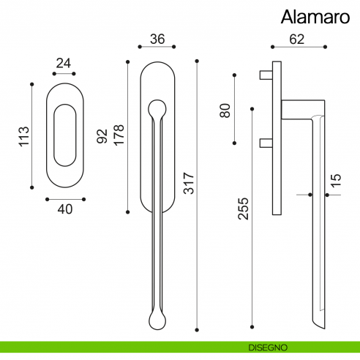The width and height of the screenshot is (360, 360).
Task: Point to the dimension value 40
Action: click(65, 209)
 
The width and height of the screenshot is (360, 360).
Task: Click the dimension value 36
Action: click(157, 39)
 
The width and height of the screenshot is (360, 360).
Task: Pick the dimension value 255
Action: click(243, 211)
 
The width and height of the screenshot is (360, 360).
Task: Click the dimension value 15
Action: click(335, 181)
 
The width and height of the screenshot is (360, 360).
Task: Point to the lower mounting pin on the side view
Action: click(266, 143)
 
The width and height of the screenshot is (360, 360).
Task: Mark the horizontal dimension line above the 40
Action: click(65, 198)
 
